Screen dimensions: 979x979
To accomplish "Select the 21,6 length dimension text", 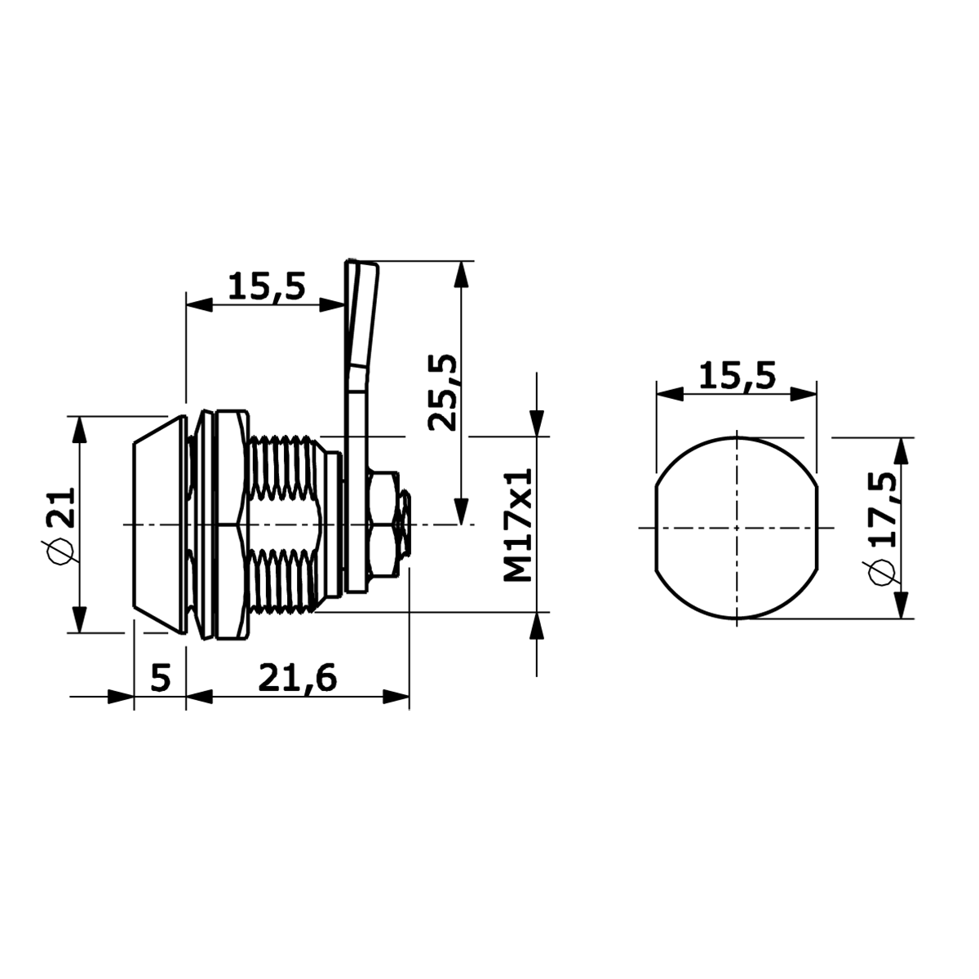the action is tap(297, 678).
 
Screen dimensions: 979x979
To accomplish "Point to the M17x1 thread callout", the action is tap(518, 525).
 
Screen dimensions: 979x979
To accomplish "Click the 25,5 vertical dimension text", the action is tap(442, 392).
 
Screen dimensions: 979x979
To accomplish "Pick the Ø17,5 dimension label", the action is tap(883, 529).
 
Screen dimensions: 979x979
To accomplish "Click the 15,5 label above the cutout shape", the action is tap(738, 376).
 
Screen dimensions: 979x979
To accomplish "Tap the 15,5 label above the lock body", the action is tap(266, 287).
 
